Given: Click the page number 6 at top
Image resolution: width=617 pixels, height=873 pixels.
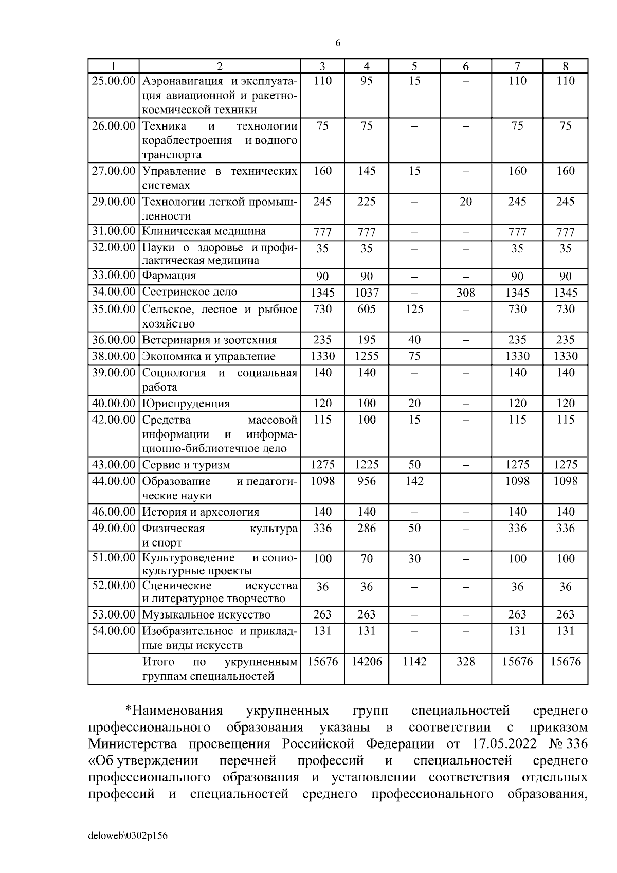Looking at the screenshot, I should pos(338,43).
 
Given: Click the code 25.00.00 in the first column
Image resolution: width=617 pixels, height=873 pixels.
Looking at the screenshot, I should pos(113,81).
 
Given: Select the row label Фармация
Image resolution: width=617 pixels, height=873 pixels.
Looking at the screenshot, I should pos(169,276).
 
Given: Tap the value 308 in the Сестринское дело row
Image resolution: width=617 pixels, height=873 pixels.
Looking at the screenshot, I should pos(465,293).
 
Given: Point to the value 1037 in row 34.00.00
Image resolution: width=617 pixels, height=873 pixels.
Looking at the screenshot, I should pos(367,293).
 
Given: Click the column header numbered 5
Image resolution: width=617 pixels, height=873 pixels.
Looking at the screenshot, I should pos(414,66).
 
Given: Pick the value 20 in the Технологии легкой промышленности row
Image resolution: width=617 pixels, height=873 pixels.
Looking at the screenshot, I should pos(465,202).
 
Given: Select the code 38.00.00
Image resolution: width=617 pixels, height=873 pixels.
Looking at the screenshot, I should pos(113,356).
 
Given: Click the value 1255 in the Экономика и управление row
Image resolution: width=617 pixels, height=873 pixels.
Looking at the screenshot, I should pos(367,356).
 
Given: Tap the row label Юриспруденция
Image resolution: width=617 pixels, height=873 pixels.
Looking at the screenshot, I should pos(186,404).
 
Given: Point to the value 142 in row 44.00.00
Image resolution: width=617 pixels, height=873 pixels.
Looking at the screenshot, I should pos(414,481).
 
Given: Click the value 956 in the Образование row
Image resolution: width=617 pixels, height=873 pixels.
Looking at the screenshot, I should pos(367,481).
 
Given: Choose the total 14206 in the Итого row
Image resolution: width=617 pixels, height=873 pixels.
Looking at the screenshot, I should pos(367,662).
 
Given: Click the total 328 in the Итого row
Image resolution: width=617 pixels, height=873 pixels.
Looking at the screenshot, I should pos(465,662).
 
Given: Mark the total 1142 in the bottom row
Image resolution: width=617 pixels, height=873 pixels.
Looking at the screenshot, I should pos(414,662).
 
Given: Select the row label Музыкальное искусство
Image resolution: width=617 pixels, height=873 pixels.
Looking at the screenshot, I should pos(206,615).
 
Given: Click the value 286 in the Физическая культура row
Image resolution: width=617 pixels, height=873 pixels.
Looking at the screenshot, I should pos(367,528).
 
